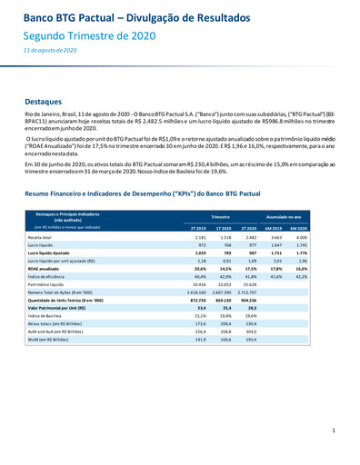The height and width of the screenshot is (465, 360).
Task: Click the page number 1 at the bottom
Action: [334, 430]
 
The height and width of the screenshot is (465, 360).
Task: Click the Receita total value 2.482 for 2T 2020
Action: [251, 237]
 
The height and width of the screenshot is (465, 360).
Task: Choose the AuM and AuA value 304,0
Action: [251, 331]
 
